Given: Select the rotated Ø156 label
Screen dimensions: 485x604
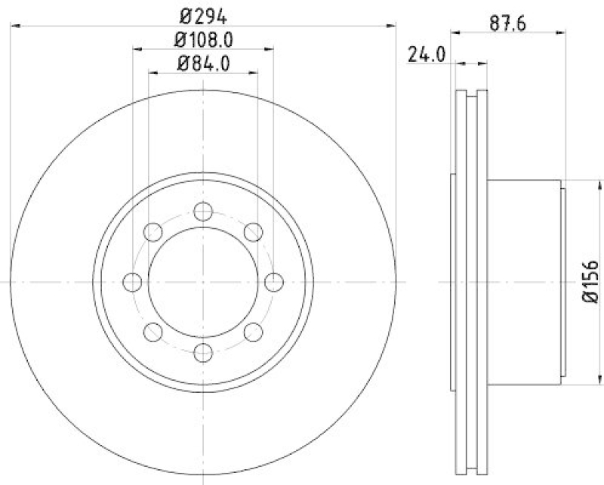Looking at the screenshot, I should click(591, 283).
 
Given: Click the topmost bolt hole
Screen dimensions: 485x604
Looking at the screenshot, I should click(202, 211).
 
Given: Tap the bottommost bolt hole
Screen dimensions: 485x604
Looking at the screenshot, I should click(202, 352).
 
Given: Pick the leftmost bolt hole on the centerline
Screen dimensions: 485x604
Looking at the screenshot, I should click(132, 282).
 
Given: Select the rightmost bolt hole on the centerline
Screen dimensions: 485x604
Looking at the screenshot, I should click(273, 282).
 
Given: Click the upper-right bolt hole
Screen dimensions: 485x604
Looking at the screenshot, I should click(252, 232).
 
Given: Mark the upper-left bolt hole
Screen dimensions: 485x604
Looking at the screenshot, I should click(153, 232).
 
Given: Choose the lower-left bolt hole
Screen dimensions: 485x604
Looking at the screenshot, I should click(153, 332).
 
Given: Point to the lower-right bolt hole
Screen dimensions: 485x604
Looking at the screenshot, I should click(252, 332).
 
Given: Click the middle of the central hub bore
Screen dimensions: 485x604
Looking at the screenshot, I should click(202, 282).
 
